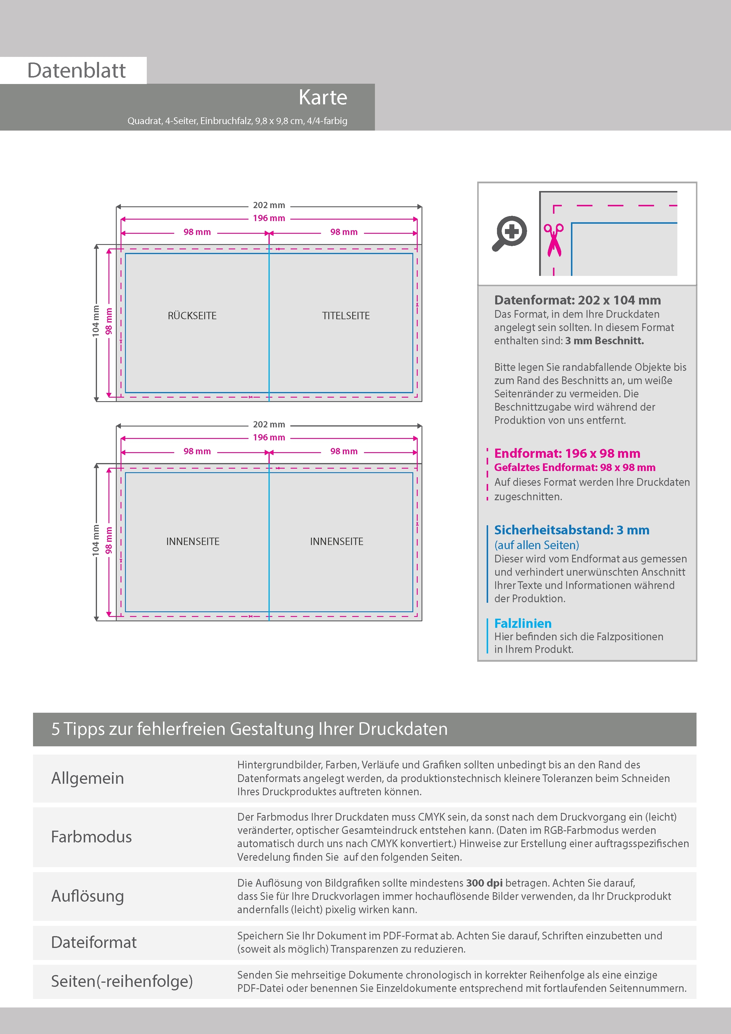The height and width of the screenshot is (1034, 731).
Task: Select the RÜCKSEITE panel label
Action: tap(192, 316)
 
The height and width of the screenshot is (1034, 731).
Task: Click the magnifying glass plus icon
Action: tap(509, 233)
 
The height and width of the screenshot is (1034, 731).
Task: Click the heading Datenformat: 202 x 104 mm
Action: tap(577, 300)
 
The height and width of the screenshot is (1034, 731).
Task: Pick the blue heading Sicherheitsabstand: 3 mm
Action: tap(572, 530)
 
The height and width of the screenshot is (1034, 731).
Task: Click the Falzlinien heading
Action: tap(523, 623)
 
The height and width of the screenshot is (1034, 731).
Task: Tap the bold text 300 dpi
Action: tap(484, 883)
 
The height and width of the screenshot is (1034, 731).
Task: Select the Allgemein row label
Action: tap(87, 778)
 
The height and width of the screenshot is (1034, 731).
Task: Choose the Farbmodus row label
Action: tap(91, 837)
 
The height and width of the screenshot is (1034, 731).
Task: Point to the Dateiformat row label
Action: tap(94, 942)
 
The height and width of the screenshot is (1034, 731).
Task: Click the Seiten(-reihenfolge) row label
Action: tap(122, 981)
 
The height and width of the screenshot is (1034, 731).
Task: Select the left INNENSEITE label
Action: tap(193, 541)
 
